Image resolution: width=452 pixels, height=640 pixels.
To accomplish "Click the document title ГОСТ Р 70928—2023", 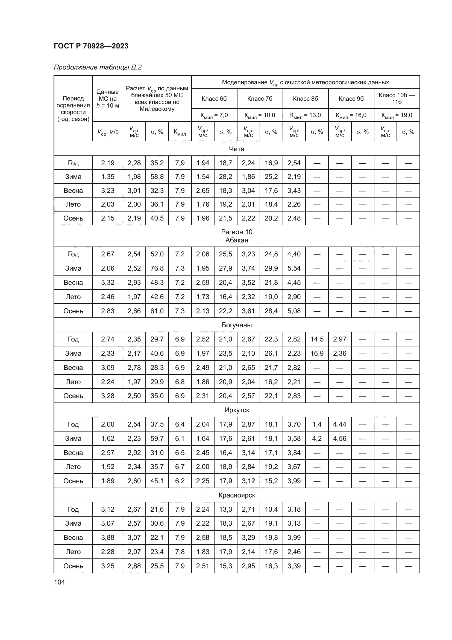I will click(91, 46).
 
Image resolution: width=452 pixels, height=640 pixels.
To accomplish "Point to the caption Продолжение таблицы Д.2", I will click(98, 68).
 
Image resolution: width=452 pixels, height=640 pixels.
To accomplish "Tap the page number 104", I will click(59, 582).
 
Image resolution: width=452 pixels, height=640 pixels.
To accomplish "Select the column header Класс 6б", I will click(214, 99).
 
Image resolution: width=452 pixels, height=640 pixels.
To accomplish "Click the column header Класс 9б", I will click(351, 99).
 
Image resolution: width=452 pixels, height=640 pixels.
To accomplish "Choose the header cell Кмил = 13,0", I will click(305, 115).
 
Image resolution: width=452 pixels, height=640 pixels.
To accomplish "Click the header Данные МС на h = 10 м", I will click(108, 99).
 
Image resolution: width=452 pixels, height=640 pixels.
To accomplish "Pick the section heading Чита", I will click(237, 149).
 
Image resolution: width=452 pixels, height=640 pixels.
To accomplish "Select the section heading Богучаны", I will click(237, 325).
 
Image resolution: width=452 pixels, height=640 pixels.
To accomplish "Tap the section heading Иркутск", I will click(237, 410).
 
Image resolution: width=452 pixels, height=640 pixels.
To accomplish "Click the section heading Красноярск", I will click(237, 495).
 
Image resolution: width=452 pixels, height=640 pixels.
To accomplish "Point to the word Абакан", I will click(237, 240).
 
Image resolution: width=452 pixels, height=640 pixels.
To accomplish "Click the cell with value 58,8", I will click(157, 177).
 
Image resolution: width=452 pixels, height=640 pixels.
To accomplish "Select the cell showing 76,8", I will click(157, 268).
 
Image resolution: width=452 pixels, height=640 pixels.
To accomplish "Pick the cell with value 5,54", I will click(294, 268).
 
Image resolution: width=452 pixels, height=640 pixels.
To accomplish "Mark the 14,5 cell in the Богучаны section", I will click(317, 339).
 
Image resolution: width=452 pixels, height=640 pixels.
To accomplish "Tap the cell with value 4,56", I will click(340, 438).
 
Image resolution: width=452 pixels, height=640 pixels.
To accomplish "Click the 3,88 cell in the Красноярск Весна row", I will click(108, 537).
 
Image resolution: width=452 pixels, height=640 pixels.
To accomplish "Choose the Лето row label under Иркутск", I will click(73, 467).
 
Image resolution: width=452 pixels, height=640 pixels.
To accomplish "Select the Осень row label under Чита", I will click(73, 218).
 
